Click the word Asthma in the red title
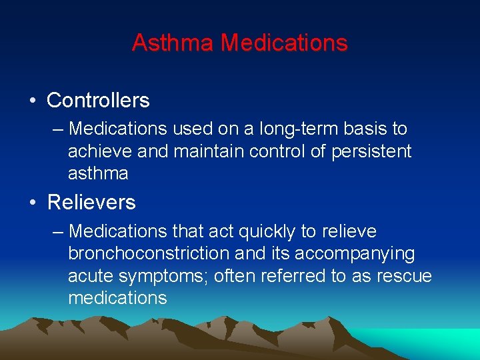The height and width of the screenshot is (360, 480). point(173,43)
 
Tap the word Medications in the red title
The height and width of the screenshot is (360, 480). point(284,43)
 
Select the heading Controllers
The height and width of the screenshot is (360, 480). point(98,101)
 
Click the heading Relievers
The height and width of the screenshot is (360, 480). point(91,202)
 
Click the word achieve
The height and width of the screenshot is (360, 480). point(100,151)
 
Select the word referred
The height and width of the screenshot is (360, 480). point(293,276)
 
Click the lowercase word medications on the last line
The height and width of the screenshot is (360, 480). point(117,298)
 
